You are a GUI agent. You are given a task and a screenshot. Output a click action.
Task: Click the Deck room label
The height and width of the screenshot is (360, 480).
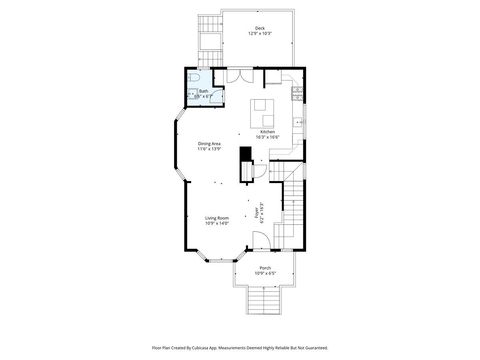tap(260, 28)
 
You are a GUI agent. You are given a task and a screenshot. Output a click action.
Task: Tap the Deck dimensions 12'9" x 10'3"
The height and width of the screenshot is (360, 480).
tap(260, 34)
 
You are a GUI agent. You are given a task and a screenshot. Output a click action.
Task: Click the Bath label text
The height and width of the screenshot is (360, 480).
tap(203, 90)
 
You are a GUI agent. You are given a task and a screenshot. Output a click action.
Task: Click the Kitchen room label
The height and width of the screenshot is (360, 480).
tap(267, 131)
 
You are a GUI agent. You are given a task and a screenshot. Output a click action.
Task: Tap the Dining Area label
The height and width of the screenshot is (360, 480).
tap(209, 143)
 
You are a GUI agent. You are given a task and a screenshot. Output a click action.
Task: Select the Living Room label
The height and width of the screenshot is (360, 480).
tap(217, 218)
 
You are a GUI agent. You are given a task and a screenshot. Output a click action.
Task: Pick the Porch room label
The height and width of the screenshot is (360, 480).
tap(265, 268)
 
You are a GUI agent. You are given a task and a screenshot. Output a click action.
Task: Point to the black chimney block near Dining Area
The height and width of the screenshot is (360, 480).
tap(244, 156)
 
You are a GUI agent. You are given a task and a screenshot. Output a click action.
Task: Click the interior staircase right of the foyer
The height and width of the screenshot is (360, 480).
tap(292, 215)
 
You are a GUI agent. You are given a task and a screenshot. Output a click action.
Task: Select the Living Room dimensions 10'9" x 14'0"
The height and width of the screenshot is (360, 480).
tap(217, 224)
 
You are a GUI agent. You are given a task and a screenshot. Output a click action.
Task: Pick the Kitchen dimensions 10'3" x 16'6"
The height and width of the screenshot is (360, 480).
tap(267, 137)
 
